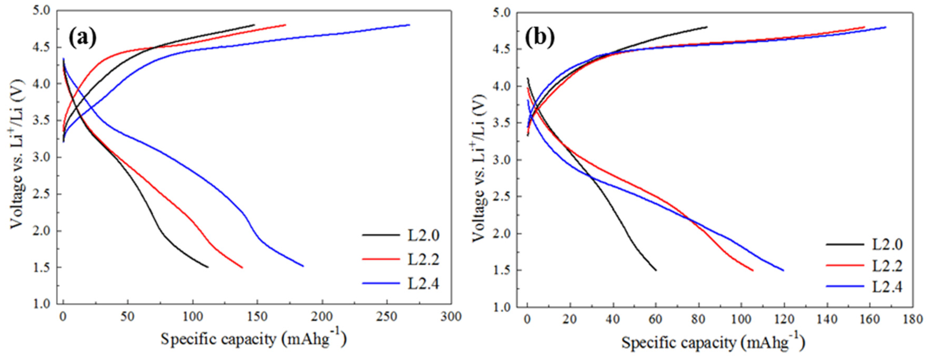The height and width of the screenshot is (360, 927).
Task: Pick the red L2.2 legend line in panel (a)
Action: pyautogui.click(x=381, y=259)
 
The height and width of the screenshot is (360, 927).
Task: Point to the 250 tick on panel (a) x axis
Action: pyautogui.click(x=387, y=317)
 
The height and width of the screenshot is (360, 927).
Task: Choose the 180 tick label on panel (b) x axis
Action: pyautogui.click(x=913, y=320)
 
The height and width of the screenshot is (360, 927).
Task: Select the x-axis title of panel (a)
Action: pyautogui.click(x=254, y=339)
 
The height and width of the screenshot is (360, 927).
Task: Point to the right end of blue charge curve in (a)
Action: pyautogui.click(x=409, y=25)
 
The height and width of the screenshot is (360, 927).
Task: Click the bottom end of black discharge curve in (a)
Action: pyautogui.click(x=208, y=267)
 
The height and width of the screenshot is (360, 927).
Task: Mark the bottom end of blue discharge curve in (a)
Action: pyautogui.click(x=303, y=266)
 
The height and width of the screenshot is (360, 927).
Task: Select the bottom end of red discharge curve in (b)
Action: pyautogui.click(x=753, y=270)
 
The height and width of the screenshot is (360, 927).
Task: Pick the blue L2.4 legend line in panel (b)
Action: pyautogui.click(x=845, y=286)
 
